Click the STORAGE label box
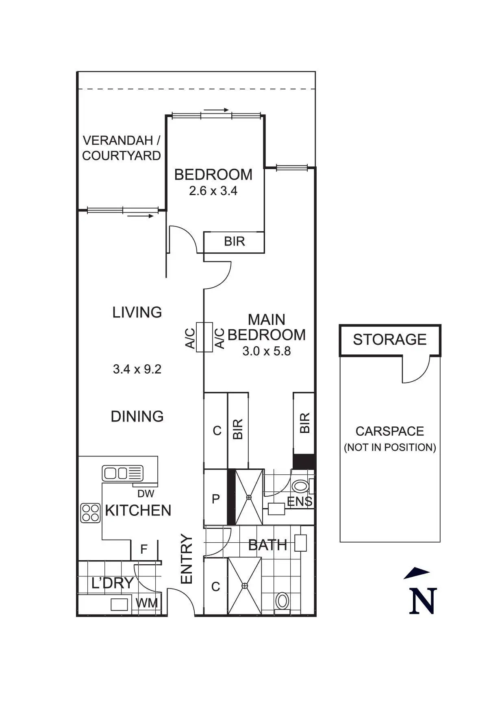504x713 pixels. [390, 340]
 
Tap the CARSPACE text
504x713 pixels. [390, 431]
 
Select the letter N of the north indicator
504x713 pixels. [423, 600]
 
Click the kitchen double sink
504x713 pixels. [122, 473]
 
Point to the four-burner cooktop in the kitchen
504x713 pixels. [90, 513]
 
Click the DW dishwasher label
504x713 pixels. [146, 493]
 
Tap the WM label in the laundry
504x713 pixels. [147, 603]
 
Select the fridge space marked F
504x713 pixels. [143, 550]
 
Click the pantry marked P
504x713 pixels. [216, 498]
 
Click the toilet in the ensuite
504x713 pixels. [300, 486]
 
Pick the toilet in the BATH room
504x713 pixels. [282, 601]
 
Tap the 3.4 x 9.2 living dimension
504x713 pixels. [137, 369]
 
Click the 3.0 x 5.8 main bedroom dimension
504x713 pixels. [267, 351]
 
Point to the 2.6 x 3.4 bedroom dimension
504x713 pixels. [213, 191]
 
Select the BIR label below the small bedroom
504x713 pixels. [235, 241]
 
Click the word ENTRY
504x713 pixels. [186, 559]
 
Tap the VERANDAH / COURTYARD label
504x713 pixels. [122, 148]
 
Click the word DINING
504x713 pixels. [137, 416]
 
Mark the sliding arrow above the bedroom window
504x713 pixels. [216, 110]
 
